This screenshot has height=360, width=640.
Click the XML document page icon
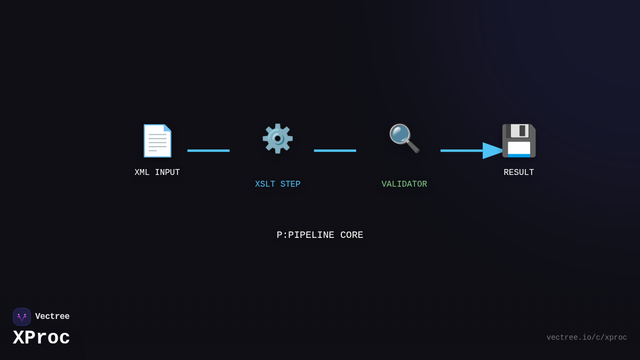coord(157,141)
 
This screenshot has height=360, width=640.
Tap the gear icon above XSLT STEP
coord(277,139)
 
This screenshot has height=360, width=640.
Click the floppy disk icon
coord(519,141)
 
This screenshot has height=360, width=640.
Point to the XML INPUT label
coord(157,173)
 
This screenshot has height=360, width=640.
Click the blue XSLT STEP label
coord(277,185)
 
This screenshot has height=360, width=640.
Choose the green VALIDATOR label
coord(404,185)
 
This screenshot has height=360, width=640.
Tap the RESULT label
coord(519,173)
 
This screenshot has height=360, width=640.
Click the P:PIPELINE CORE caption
coord(320,235)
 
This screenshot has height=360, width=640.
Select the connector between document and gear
coord(209,151)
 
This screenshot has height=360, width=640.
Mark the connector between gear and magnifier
coord(335,151)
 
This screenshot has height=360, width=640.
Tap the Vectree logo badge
coord(22,317)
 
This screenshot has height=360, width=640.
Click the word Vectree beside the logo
coord(52,317)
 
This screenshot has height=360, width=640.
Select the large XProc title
coord(42,338)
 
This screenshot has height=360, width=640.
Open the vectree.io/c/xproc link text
coord(587,338)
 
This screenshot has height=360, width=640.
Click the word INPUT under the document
coord(167,173)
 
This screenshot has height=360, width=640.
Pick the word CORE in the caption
coord(351,235)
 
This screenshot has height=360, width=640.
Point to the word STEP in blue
coord(290,185)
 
